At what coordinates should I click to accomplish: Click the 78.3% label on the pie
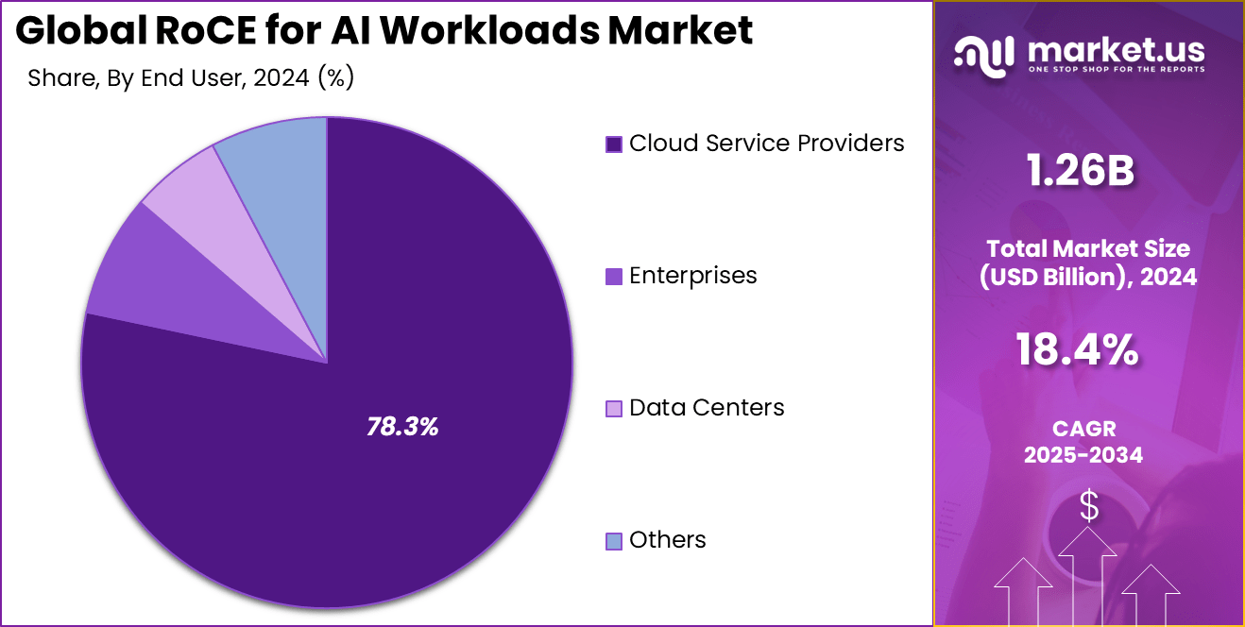(x=402, y=427)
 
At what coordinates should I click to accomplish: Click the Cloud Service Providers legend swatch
(x=614, y=144)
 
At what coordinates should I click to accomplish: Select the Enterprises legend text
(x=692, y=275)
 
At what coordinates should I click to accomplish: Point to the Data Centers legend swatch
(x=614, y=408)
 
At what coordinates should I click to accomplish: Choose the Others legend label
(x=667, y=540)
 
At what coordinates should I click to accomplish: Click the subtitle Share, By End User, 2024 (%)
(x=191, y=78)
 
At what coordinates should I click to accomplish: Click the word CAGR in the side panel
(x=1083, y=430)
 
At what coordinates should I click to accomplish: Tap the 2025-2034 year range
(x=1083, y=455)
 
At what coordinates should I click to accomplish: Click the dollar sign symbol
(x=1089, y=507)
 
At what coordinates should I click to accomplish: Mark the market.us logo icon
(x=984, y=56)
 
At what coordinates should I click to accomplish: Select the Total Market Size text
(x=1089, y=248)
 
